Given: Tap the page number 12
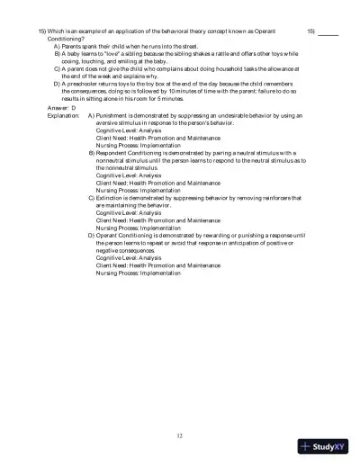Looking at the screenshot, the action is click(x=180, y=435).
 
